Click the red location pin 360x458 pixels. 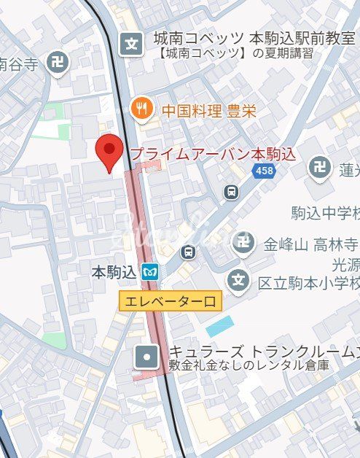coord(109,152)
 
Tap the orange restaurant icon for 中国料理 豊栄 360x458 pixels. coord(140,111)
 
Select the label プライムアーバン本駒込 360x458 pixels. coord(213,154)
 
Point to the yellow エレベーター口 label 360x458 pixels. coord(170,301)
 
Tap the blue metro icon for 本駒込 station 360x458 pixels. coord(150,273)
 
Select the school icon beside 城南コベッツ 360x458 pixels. coord(132,44)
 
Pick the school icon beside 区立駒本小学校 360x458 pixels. coord(238,279)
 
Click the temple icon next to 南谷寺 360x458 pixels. coord(57,63)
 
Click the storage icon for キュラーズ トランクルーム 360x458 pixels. coord(146,357)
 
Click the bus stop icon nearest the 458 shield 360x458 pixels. coord(231,192)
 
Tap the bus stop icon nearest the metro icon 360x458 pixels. coord(188,252)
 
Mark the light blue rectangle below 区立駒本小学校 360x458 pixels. coord(219,325)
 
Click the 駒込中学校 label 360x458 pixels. coord(325,213)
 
